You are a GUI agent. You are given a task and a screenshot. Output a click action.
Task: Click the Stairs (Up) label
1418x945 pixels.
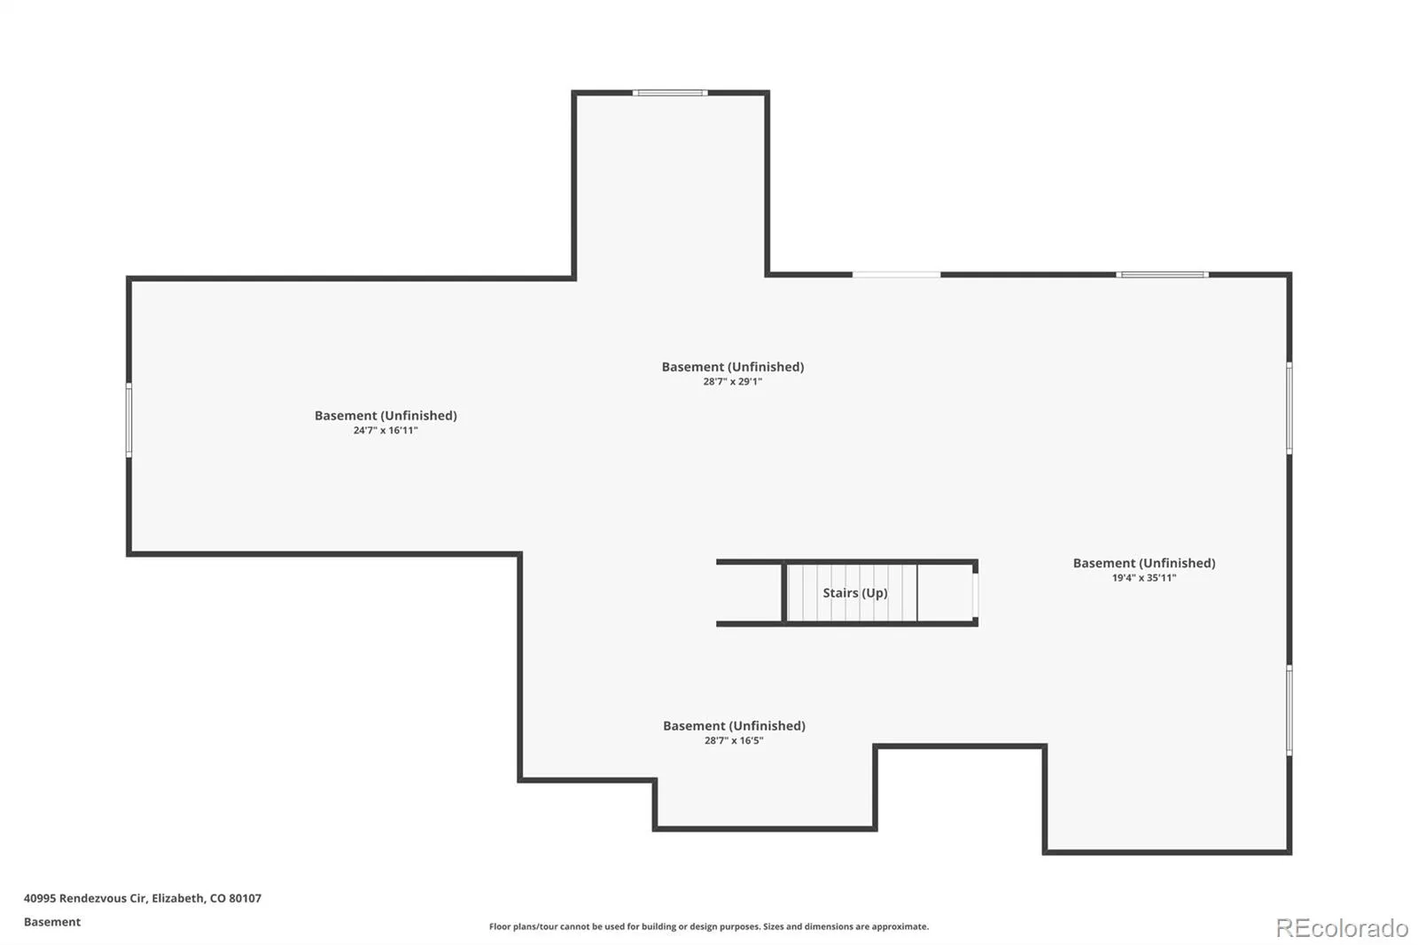click(x=854, y=593)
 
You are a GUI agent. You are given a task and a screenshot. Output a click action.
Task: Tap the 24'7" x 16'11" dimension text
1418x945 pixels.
click(x=386, y=430)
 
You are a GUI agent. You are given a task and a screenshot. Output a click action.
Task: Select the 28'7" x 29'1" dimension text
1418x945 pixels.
click(x=732, y=381)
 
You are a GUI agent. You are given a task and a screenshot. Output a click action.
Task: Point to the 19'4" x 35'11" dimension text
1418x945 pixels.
click(x=1144, y=578)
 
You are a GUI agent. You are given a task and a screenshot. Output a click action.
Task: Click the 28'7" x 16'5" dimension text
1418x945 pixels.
click(x=734, y=740)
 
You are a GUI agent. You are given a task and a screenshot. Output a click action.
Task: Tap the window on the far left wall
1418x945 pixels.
click(x=129, y=419)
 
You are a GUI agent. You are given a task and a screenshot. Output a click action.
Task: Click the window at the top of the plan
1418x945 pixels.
click(x=670, y=93)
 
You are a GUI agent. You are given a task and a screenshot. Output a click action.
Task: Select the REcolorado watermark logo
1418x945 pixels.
click(x=1342, y=928)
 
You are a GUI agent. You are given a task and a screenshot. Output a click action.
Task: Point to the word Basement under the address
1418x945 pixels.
click(x=52, y=922)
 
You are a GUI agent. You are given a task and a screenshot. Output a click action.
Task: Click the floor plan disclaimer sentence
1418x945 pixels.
click(x=709, y=926)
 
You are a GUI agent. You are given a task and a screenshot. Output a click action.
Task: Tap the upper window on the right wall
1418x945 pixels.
click(x=1289, y=408)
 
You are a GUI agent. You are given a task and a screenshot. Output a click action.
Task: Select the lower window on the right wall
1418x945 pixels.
click(x=1289, y=710)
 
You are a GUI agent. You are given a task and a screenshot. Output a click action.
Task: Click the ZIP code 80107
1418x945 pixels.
click(x=245, y=898)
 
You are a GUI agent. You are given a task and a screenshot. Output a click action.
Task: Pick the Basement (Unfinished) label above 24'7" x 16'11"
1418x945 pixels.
click(x=386, y=416)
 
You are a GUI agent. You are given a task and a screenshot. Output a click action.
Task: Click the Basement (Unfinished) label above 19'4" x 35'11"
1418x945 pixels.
click(x=1144, y=563)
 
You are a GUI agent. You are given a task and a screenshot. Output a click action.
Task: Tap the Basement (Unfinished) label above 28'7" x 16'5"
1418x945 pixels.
click(x=734, y=726)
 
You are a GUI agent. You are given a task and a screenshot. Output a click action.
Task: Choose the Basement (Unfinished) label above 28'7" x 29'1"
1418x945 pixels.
click(x=732, y=367)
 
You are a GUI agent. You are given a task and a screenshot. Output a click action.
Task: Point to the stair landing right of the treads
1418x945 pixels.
click(x=945, y=593)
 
